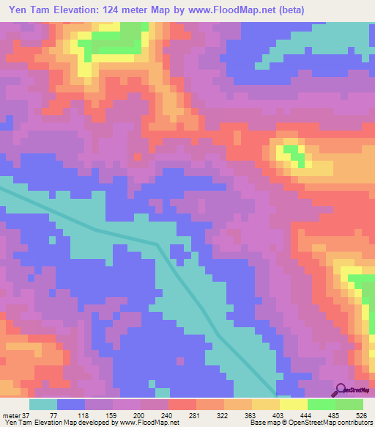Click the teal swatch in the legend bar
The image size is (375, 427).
coord(43,404)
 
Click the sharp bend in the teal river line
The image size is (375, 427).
coord(157,244)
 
